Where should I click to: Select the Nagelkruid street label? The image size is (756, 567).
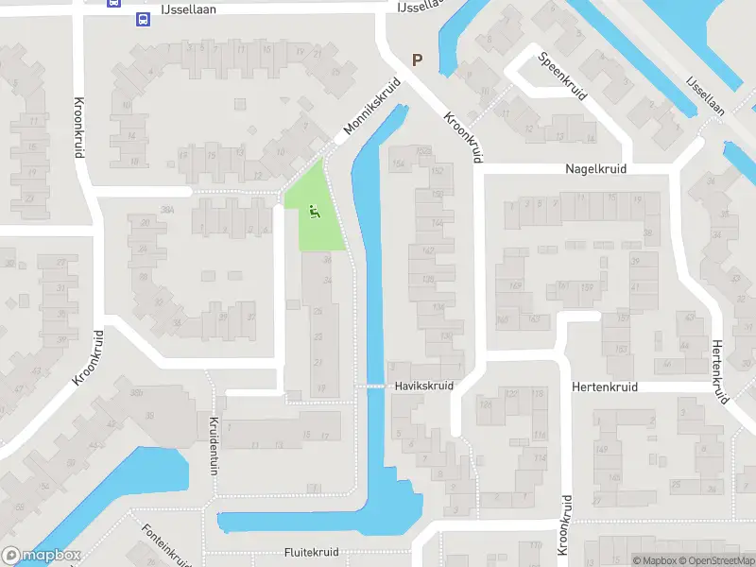click(x=595, y=168)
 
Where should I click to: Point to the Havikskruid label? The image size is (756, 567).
click(x=424, y=386)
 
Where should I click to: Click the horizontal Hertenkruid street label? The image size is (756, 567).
click(x=605, y=387)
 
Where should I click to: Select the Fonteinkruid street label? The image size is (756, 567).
click(x=166, y=546)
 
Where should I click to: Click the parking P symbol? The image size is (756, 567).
click(x=417, y=60)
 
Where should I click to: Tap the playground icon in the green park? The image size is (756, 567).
click(x=315, y=212)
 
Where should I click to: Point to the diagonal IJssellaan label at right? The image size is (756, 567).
click(x=705, y=95)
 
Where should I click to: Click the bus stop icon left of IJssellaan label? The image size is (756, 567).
click(x=143, y=19)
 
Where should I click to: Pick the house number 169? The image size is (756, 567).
click(x=515, y=285)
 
